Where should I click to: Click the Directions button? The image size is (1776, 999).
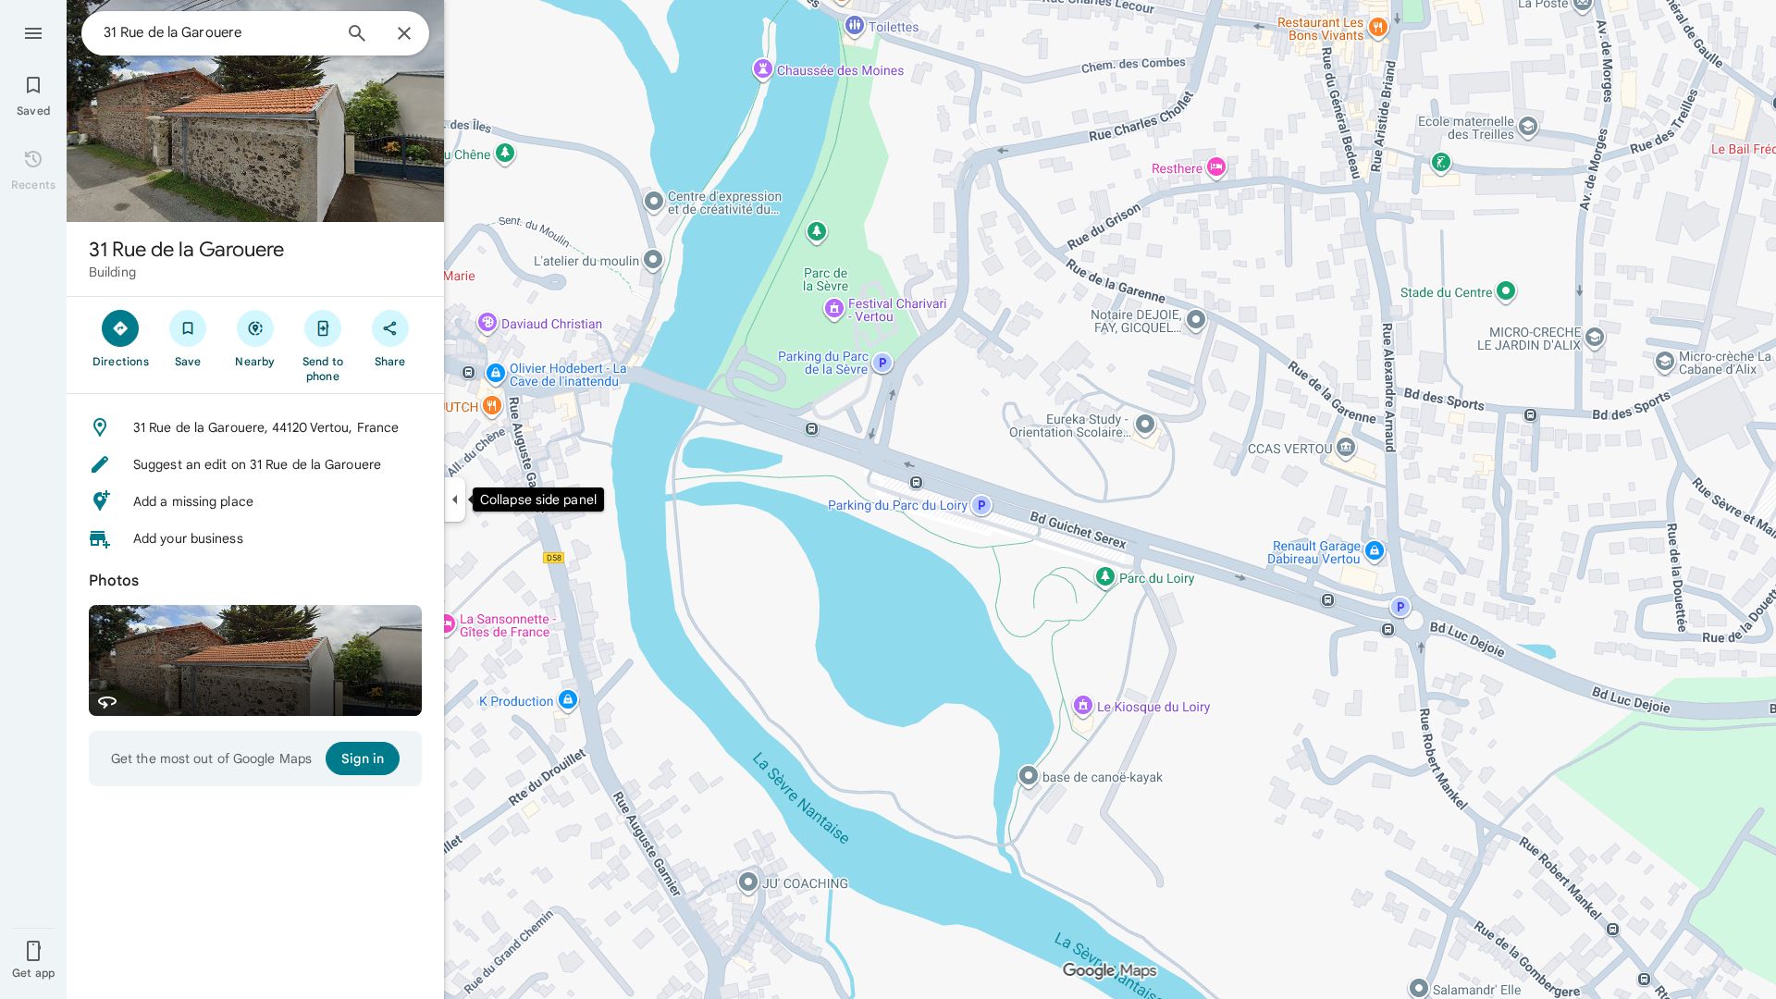(x=120, y=329)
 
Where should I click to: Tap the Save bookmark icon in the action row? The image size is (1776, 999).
(x=188, y=329)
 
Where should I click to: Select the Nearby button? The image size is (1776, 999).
(x=254, y=329)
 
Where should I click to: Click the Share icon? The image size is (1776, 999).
(x=389, y=329)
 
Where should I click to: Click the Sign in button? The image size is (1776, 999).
(x=362, y=758)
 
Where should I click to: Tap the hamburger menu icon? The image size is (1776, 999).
(x=33, y=33)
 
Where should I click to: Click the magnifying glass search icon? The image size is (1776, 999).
(x=357, y=33)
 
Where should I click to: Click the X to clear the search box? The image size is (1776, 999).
(x=404, y=33)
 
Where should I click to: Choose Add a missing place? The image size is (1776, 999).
(x=192, y=501)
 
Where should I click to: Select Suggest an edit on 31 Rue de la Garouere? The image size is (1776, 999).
(x=256, y=464)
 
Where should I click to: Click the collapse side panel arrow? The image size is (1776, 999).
(x=454, y=499)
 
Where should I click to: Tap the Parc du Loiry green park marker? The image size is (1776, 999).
(x=1104, y=577)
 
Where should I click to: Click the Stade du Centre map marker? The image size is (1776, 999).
(x=1505, y=291)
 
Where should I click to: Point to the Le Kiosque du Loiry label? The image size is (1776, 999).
(x=1153, y=707)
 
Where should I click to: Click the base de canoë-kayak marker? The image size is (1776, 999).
(x=1029, y=776)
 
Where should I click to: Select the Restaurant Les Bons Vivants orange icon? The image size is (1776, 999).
(x=1377, y=27)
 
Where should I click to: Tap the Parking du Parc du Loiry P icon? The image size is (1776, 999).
(x=981, y=505)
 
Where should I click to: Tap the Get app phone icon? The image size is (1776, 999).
(x=33, y=951)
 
